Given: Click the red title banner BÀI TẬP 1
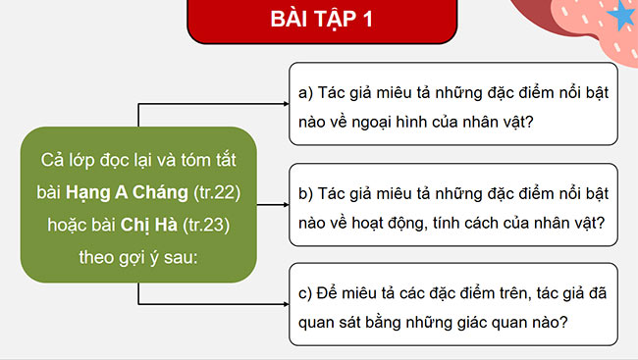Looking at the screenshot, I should [319, 20].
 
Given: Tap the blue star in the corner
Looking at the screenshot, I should [622, 16].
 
